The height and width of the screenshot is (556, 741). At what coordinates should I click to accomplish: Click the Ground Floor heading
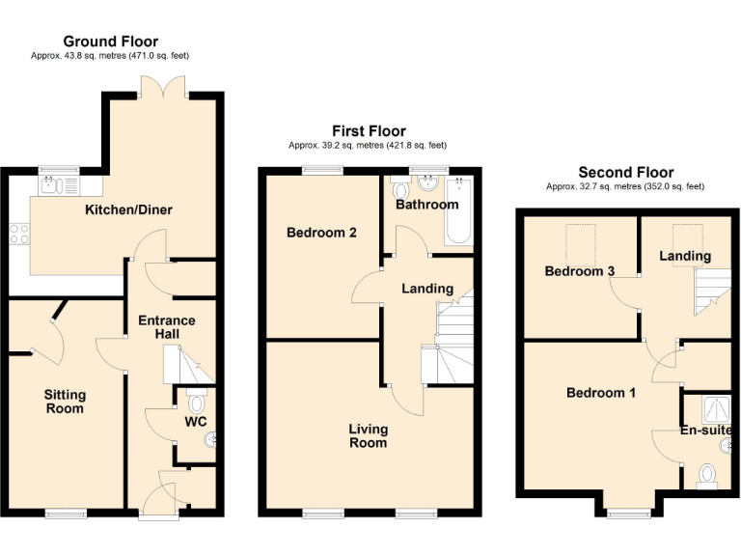point(111,42)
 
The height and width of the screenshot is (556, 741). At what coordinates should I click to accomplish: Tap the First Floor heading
point(369,131)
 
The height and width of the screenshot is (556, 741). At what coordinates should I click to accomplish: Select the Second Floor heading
point(625,173)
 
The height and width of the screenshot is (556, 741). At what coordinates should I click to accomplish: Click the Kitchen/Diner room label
point(128,209)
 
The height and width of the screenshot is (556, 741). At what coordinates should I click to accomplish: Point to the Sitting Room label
point(65,402)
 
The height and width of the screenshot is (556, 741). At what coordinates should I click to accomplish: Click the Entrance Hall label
point(166,327)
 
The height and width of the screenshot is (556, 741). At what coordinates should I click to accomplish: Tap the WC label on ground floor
point(196,422)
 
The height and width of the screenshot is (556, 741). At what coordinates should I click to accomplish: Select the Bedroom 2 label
point(316,233)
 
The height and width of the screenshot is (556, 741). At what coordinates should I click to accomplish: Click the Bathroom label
point(426,205)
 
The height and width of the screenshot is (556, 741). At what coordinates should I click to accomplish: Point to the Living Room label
point(369,435)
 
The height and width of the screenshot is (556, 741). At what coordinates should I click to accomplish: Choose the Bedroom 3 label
point(580,271)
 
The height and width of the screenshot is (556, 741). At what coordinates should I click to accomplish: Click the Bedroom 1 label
point(600,393)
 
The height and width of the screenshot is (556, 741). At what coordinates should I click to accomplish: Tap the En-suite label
point(706,431)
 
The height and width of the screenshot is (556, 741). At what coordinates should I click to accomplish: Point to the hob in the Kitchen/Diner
point(19,233)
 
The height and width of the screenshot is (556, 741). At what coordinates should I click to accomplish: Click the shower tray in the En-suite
point(715,410)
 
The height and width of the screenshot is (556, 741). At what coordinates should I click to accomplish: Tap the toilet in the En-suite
point(707,474)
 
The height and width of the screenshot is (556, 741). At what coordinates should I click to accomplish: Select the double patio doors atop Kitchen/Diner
point(160,88)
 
